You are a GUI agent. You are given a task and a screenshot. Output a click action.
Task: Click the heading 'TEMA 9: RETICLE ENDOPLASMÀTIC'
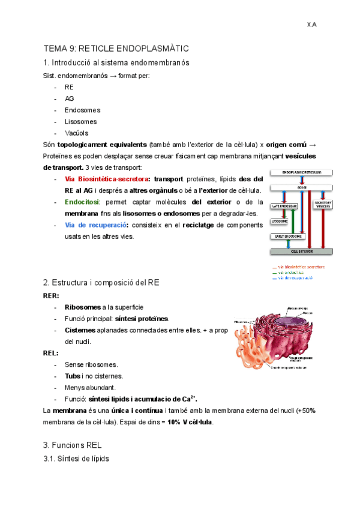point(116,48)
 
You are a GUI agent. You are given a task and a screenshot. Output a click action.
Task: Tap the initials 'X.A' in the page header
point(311,25)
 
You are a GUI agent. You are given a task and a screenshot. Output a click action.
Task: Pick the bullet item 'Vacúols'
point(77,133)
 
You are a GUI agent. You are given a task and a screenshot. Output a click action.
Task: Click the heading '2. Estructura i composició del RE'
point(100,282)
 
